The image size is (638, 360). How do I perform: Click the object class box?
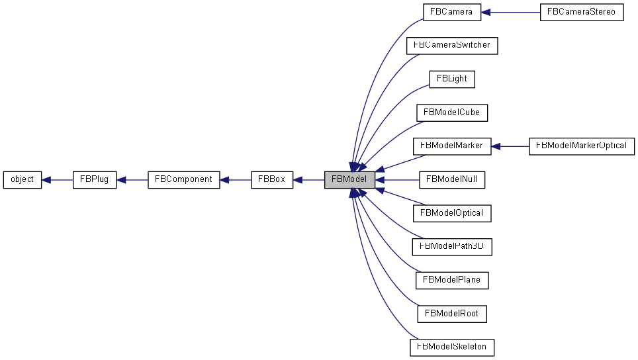click(23, 179)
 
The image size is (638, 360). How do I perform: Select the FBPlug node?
click(95, 179)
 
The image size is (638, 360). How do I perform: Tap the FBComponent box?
click(183, 179)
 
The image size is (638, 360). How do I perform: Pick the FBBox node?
click(272, 179)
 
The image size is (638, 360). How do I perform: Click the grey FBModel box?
click(350, 179)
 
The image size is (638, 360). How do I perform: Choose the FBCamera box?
click(451, 12)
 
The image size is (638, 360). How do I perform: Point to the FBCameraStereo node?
click(582, 12)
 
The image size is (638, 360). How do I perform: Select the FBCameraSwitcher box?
click(451, 46)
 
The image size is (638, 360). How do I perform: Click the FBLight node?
click(451, 79)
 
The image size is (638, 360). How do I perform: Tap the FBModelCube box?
click(451, 112)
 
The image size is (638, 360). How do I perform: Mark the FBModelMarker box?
click(451, 146)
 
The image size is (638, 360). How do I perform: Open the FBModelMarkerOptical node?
click(582, 146)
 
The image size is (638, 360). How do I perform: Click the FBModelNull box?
click(451, 179)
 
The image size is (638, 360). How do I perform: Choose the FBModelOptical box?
click(451, 213)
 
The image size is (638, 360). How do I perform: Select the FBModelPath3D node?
click(451, 246)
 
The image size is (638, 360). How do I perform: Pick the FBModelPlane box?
click(451, 280)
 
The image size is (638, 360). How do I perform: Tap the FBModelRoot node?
click(451, 313)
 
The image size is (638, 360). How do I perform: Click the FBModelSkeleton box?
click(451, 347)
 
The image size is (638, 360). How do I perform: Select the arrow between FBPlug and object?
click(57, 179)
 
